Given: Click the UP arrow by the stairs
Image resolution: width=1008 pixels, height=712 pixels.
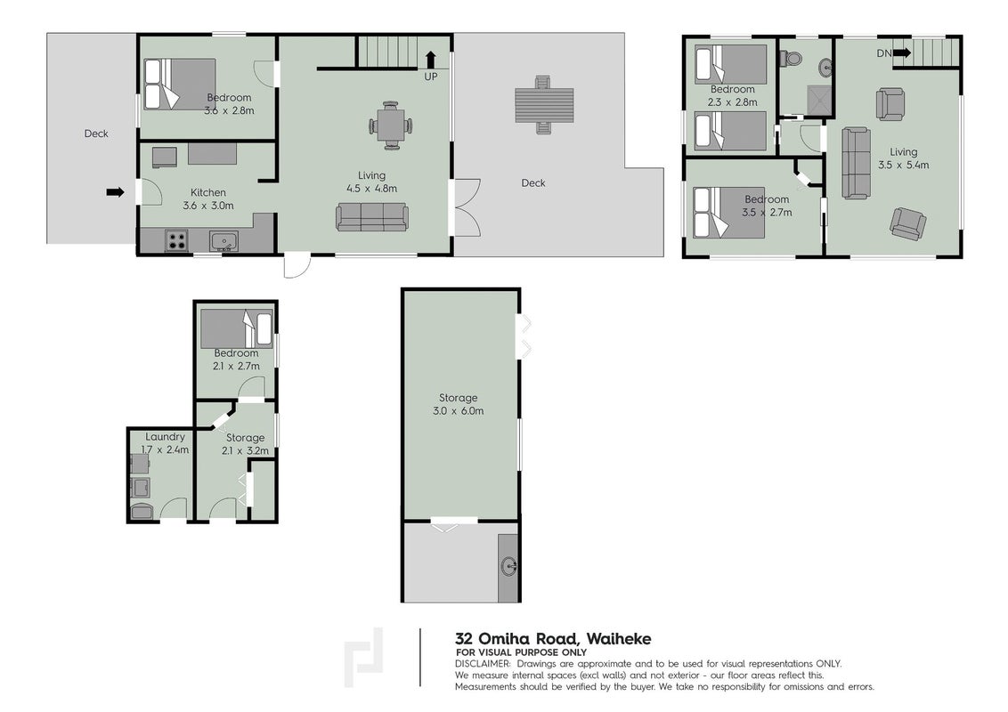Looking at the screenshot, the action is [430, 59].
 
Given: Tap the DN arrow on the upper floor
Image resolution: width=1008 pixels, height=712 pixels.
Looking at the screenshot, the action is [902, 53].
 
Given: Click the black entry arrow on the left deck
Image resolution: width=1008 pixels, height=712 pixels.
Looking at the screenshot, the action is [115, 191].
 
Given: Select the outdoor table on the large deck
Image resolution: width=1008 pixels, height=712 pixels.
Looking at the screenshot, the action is [544, 105].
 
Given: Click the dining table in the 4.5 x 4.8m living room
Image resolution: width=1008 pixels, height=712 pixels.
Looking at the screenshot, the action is [391, 125].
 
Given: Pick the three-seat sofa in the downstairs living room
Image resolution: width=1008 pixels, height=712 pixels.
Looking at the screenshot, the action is [371, 216].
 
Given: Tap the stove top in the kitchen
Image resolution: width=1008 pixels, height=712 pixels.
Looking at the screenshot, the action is [177, 241].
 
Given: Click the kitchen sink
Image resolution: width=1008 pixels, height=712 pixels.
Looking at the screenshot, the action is [224, 241].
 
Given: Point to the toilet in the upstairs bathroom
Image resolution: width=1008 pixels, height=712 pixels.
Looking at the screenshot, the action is [792, 59].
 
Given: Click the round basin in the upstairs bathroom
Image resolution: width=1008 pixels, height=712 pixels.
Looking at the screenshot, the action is [826, 66].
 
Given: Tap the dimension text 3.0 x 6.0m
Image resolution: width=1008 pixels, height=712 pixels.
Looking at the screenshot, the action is [459, 410].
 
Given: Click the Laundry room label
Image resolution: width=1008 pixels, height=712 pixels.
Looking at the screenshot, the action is [165, 436].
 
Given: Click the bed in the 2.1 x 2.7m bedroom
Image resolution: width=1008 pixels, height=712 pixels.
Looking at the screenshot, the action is [236, 329].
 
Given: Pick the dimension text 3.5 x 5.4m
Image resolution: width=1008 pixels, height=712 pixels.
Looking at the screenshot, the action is [903, 165].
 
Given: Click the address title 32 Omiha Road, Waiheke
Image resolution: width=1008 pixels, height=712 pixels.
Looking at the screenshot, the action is [553, 639].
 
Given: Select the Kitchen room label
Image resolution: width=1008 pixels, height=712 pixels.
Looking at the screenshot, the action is [208, 192].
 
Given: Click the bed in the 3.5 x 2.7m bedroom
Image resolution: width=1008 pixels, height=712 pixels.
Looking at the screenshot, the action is [729, 212].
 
